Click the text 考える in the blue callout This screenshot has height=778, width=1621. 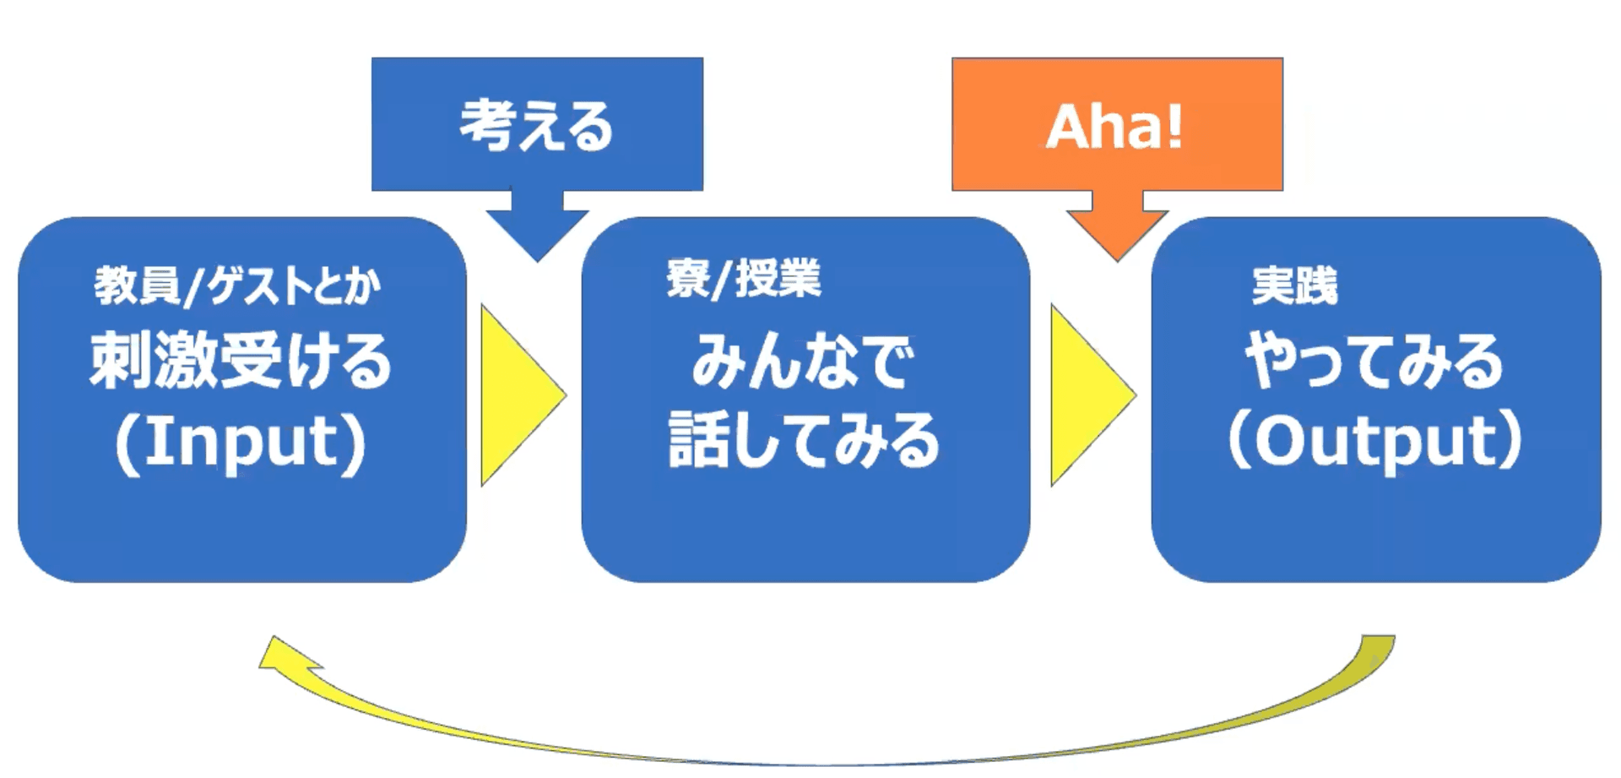537,126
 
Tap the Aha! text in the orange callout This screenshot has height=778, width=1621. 1114,127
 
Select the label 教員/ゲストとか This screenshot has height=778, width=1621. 237,286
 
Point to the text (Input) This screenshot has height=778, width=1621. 241,442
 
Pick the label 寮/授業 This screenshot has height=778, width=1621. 743,279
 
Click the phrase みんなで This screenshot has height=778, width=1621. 803,362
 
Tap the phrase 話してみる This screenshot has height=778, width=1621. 804,440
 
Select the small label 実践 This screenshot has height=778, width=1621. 1294,286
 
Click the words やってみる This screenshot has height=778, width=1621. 1374,361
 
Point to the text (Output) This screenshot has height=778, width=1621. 1374,441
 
